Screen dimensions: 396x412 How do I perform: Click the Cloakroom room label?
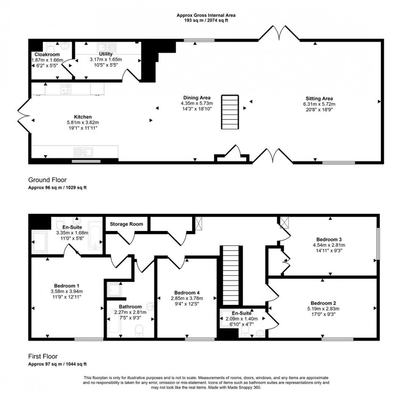pyautogui.click(x=47, y=54)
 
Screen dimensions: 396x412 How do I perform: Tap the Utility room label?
pyautogui.click(x=106, y=54)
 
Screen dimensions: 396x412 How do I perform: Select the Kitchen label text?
pyautogui.click(x=83, y=117)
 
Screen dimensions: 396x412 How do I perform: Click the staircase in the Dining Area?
pyautogui.click(x=230, y=112)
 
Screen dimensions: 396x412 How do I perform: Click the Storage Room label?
pyautogui.click(x=124, y=224)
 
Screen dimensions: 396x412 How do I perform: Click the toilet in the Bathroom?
pyautogui.click(x=139, y=332)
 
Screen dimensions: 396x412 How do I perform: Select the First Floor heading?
pyautogui.click(x=43, y=356)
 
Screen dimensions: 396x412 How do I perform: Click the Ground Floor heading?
pyautogui.click(x=47, y=180)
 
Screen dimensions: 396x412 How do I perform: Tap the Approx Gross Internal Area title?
pyautogui.click(x=206, y=15)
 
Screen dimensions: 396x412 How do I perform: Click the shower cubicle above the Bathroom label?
pyautogui.click(x=114, y=289)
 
